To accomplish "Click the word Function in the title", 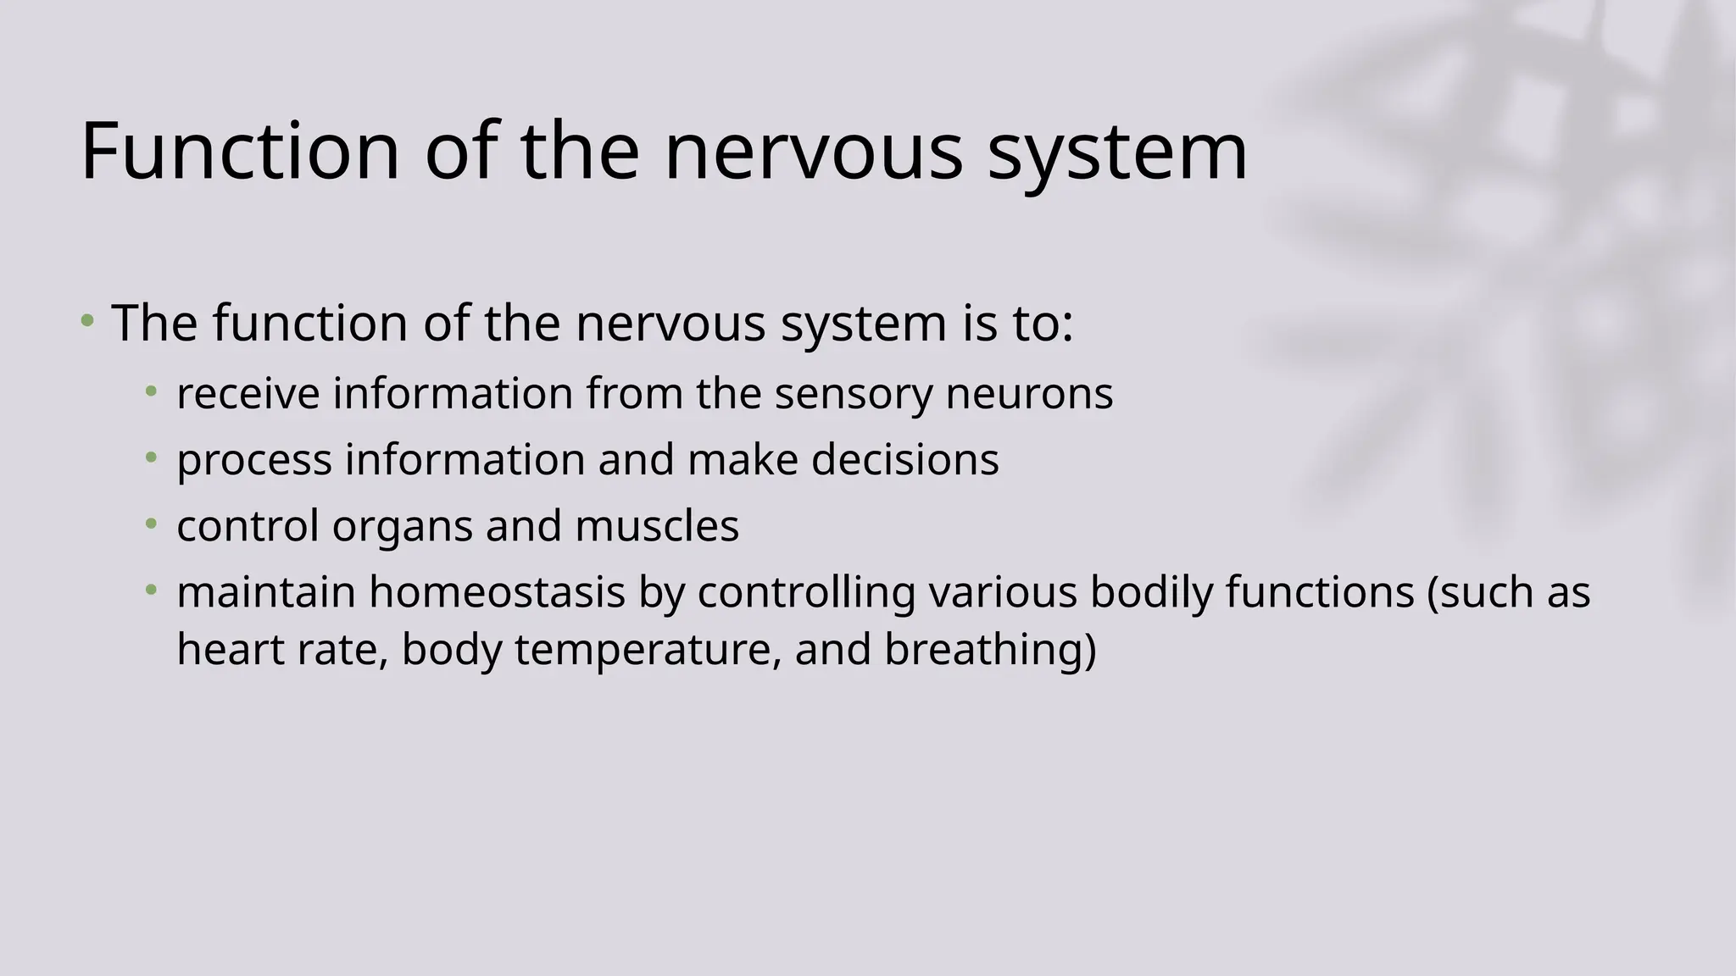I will [240, 152].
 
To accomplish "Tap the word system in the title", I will [1117, 152].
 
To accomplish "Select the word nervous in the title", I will [813, 152].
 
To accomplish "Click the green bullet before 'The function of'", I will [86, 321].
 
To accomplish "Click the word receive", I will [248, 394].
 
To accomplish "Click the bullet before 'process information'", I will [151, 457].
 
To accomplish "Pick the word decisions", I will [904, 460].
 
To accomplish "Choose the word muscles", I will [657, 526].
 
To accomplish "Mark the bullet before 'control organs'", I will [151, 523].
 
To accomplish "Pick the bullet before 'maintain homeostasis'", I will [151, 589].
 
